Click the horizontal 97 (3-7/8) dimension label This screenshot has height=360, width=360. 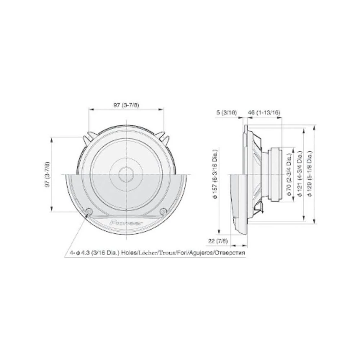[x=126, y=105]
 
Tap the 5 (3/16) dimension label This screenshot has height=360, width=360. [x=227, y=113]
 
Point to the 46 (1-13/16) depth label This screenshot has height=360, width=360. [x=264, y=113]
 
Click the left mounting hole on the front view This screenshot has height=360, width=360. [x=89, y=211]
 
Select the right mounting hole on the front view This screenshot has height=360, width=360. [x=163, y=211]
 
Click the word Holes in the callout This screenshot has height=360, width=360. [x=129, y=253]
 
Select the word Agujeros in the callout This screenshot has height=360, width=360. [x=201, y=253]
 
